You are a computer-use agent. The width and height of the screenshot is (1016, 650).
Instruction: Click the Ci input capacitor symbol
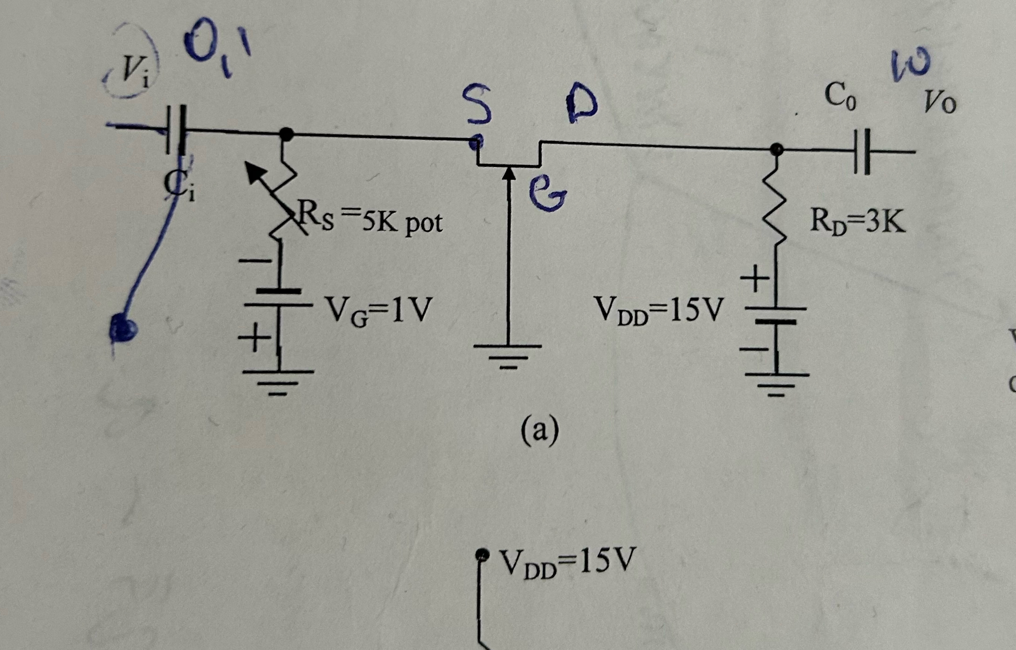175,130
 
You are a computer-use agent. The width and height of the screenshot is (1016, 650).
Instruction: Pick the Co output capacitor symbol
861,152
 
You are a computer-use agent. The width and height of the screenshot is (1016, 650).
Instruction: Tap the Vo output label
939,102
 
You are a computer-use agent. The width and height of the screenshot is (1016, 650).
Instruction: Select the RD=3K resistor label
857,221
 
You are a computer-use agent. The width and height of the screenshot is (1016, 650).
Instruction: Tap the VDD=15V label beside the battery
659,309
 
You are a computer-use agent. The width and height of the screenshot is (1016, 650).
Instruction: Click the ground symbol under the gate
508,355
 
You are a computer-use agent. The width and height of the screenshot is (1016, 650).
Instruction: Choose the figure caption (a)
540,431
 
